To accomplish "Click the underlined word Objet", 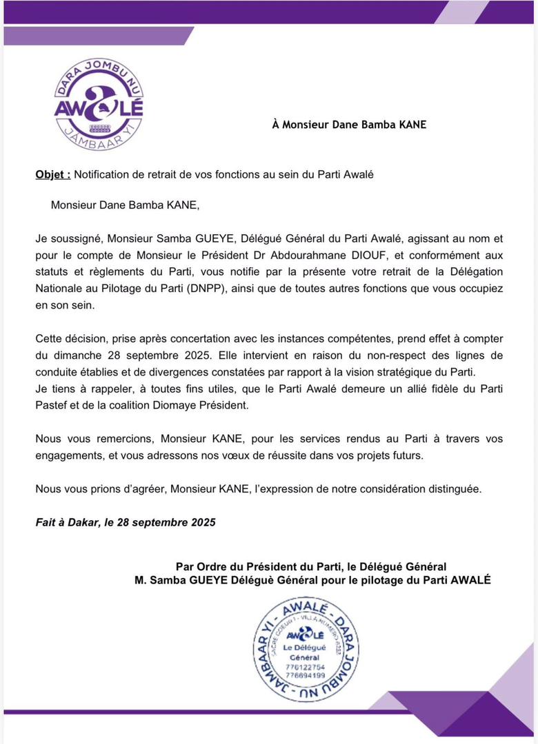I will click(x=52, y=175).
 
